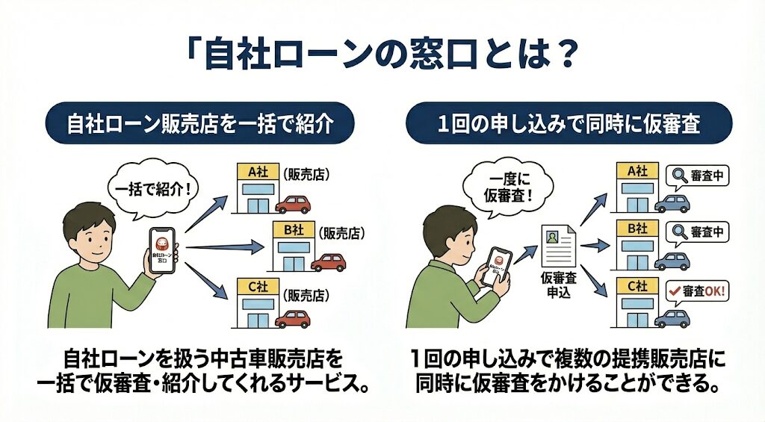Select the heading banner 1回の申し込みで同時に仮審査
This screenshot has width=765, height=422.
pyautogui.click(x=569, y=123)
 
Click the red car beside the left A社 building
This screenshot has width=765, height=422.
pyautogui.click(x=291, y=205)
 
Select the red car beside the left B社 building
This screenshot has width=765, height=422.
pyautogui.click(x=328, y=262)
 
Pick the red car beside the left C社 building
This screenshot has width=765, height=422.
pyautogui.click(x=292, y=320)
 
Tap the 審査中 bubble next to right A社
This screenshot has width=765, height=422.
pyautogui.click(x=697, y=176)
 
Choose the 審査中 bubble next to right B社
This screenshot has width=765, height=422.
pyautogui.click(x=697, y=232)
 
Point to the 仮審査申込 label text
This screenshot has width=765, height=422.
pyautogui.click(x=559, y=285)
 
